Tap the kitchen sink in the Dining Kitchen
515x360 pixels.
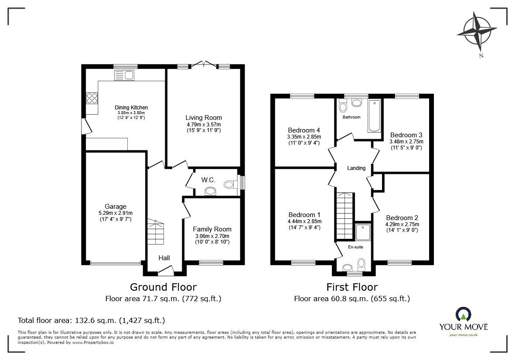pos(124,75)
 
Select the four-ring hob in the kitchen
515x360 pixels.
pos(92,98)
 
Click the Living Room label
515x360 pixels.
pos(203,118)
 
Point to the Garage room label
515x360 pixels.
pos(115,207)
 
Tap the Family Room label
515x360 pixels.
pos(212,229)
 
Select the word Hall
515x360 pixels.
pos(164,258)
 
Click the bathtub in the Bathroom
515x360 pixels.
pos(374,115)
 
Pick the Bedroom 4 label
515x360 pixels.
pos(304,130)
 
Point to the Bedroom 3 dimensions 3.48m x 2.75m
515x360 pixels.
pos(406,142)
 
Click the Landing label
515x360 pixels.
pos(356,168)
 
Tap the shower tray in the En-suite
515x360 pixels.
pos(362,233)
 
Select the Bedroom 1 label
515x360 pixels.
pos(304,215)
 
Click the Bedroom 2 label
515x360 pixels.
pos(402,218)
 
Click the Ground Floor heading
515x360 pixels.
pos(164,287)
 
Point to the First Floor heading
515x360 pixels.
pos(352,287)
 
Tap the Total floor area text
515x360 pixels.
pos(91,320)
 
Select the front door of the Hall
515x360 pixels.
pos(165,272)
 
